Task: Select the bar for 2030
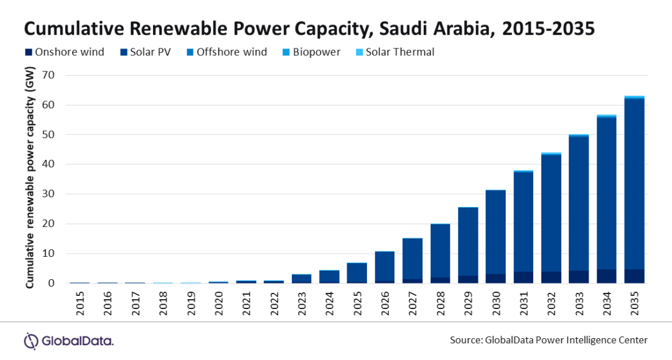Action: click(x=495, y=236)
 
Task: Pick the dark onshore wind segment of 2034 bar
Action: click(x=606, y=276)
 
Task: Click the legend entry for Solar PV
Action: click(x=146, y=52)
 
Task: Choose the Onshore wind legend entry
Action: click(x=64, y=52)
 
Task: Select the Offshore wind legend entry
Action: click(x=226, y=52)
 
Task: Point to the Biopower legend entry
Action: click(x=313, y=52)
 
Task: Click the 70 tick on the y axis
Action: click(x=49, y=75)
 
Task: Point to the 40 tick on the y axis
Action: click(x=49, y=164)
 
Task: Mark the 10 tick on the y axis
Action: click(x=49, y=254)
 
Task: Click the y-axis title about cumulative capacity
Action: click(x=29, y=180)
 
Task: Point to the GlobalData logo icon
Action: click(x=31, y=341)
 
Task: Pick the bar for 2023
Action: click(x=301, y=279)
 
